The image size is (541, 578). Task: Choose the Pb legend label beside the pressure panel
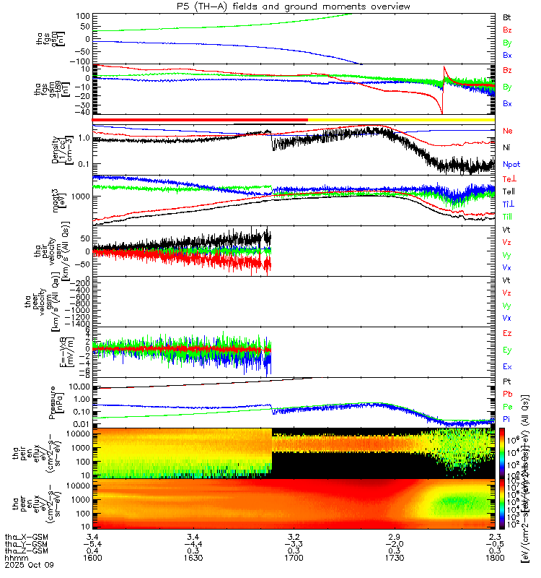507,394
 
